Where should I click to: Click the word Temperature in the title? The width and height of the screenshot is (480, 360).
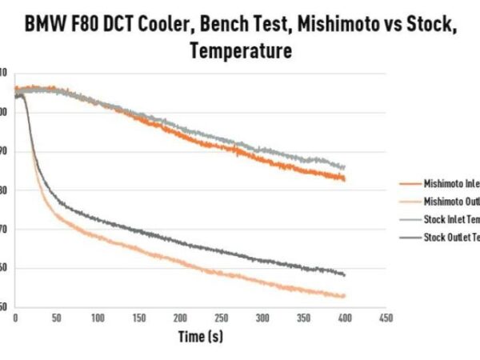point(240,52)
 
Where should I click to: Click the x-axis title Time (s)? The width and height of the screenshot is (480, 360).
point(201,337)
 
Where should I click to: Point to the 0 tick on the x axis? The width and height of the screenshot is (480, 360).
point(15,318)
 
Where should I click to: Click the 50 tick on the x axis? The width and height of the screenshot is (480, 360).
point(56,318)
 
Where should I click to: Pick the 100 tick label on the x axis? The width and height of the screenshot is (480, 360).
point(98,318)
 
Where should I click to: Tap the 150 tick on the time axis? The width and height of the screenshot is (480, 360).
point(138,318)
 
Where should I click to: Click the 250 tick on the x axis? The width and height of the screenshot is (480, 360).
point(221,318)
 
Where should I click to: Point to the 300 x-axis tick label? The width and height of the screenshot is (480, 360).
point(262,318)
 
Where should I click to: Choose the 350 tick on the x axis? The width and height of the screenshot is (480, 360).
point(303,318)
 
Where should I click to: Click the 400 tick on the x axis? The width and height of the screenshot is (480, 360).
point(344,318)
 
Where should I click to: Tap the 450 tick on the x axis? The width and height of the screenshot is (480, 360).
point(385,318)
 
